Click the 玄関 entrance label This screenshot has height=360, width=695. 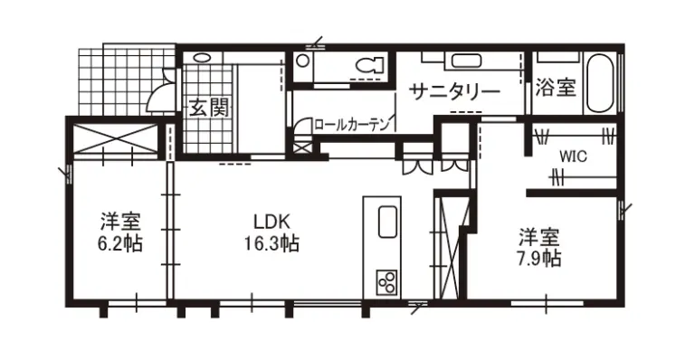pyautogui.click(x=208, y=108)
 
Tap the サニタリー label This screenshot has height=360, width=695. pyautogui.click(x=454, y=91)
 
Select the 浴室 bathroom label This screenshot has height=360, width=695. pyautogui.click(x=556, y=88)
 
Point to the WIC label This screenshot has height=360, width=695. pyautogui.click(x=572, y=155)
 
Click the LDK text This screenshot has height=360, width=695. pyautogui.click(x=271, y=221)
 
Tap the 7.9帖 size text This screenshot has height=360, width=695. pyautogui.click(x=538, y=259)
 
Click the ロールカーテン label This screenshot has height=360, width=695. pyautogui.click(x=352, y=124)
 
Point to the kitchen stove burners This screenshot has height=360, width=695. pyautogui.click(x=386, y=282)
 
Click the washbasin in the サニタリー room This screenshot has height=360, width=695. pyautogui.click(x=467, y=62)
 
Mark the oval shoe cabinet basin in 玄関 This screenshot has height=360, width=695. pyautogui.click(x=203, y=57)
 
